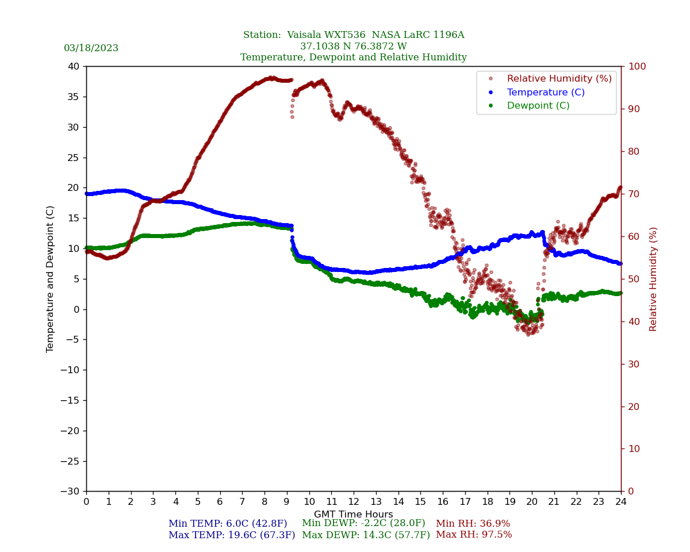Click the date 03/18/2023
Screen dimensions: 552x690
pos(91,48)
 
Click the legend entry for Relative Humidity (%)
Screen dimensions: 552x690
pos(559,79)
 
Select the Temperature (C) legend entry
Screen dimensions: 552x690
pos(545,93)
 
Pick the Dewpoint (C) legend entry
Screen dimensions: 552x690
pos(538,106)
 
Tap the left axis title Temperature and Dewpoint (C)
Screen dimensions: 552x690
pos(51,279)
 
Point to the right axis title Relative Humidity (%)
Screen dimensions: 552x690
pos(653,279)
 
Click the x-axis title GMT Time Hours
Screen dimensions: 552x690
pos(353,515)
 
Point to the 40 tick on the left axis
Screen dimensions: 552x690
pos(74,67)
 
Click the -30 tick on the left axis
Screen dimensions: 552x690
pos(72,492)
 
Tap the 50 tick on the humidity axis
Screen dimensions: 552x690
pos(634,279)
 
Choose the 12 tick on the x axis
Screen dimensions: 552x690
pos(353,502)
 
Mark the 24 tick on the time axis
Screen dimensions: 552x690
pos(620,502)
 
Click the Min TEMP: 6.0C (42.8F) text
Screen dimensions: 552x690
pos(228,524)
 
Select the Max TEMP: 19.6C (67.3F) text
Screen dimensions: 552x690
pos(232,535)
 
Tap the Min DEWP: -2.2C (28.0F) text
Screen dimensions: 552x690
pos(363,523)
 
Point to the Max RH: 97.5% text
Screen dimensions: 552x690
pos(474,535)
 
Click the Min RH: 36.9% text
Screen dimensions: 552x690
pos(473,524)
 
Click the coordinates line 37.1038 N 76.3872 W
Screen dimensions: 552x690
pos(353,47)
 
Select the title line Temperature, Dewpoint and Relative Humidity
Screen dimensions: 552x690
pos(353,57)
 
